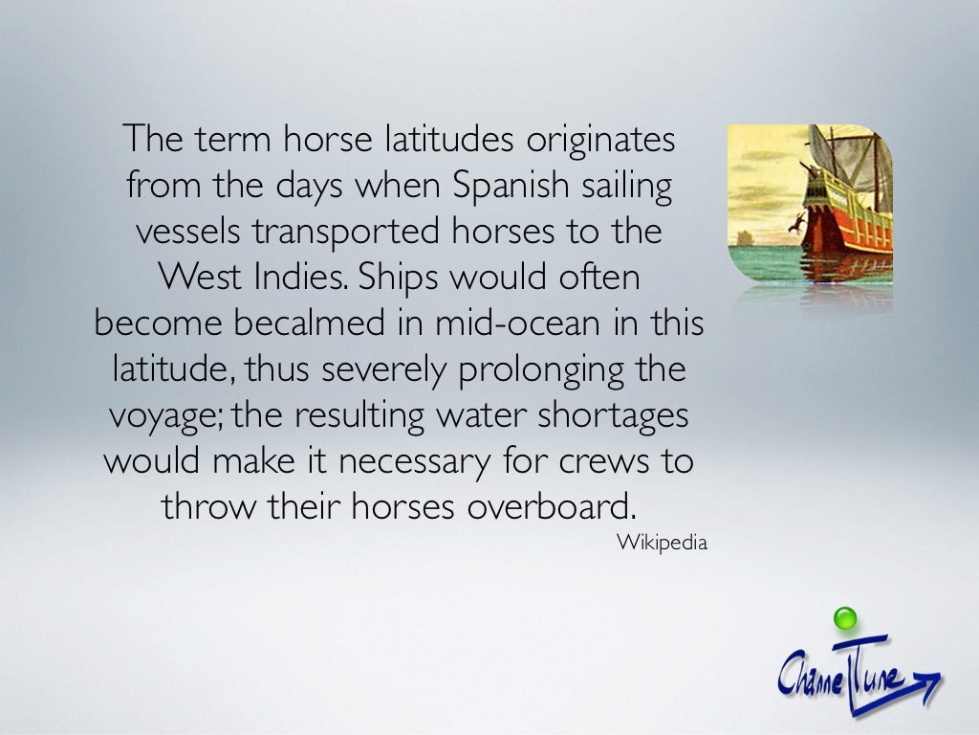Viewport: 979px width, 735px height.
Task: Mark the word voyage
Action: (163, 416)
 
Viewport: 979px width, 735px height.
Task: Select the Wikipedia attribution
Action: (662, 543)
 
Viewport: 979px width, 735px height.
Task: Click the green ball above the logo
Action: (844, 619)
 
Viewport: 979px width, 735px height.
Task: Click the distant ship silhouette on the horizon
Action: (742, 236)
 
